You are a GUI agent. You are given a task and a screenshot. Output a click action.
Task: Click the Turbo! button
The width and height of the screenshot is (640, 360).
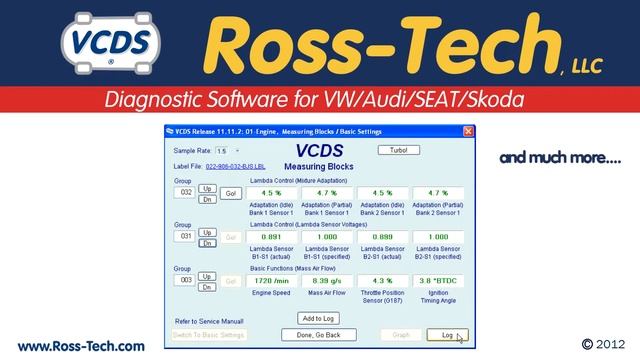pos(391,150)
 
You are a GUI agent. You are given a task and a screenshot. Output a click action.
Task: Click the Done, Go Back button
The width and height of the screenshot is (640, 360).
pos(319,335)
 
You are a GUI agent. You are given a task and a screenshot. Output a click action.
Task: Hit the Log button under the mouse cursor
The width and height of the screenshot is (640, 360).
pos(447,335)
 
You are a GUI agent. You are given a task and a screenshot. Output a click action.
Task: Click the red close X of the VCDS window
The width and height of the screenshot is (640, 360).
pos(468,132)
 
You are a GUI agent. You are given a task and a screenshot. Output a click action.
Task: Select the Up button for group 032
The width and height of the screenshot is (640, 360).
pos(207,188)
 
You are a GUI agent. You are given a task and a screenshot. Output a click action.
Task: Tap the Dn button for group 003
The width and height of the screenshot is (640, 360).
pos(207,287)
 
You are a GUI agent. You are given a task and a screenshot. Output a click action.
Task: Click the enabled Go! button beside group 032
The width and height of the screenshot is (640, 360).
pos(229,192)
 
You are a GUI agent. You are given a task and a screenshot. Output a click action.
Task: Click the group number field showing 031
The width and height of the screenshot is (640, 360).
pos(183,237)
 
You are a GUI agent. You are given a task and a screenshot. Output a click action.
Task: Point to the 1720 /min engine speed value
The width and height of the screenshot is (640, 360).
pos(273,281)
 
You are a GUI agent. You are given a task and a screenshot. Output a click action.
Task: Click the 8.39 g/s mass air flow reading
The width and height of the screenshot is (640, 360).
pos(328,281)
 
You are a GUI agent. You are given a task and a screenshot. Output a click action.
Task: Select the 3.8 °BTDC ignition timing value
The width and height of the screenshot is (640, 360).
pos(439,281)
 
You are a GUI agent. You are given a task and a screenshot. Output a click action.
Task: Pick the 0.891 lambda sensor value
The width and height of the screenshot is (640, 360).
pos(273,237)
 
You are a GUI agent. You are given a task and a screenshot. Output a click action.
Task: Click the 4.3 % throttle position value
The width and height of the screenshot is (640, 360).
pos(383,281)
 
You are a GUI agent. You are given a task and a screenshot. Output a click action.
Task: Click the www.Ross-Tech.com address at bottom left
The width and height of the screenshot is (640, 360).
pos(81,346)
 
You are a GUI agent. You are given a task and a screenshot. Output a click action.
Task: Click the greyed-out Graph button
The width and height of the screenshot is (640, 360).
pos(400,335)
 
